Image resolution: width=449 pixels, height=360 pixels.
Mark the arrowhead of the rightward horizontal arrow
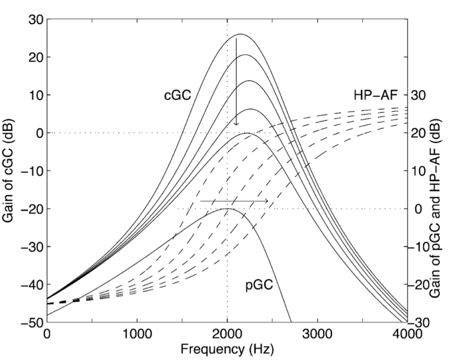point(266,200)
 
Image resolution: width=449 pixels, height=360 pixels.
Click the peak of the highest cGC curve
point(240,34)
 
